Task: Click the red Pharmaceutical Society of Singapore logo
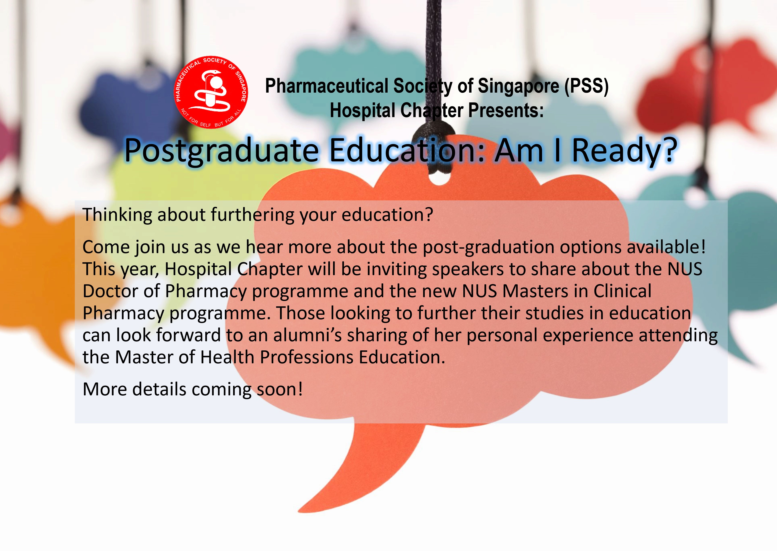211,92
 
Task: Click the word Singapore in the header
519,86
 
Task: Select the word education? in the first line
387,215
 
